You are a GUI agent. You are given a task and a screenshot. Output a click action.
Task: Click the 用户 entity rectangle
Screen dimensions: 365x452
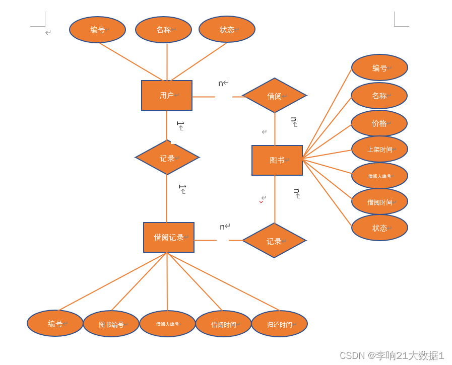click(166, 95)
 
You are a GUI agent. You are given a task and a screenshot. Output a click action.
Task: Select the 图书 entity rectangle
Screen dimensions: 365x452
click(277, 160)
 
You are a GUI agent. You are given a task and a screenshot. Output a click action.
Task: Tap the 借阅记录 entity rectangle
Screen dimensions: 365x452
click(168, 237)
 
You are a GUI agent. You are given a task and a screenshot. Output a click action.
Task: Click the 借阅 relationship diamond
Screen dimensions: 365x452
click(274, 96)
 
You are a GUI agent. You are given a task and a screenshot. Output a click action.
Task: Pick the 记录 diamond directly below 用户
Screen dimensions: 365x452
click(167, 158)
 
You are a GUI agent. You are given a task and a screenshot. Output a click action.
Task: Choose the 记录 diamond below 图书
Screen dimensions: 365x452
click(274, 241)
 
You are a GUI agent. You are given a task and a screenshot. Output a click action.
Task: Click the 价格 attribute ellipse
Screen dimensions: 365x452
click(379, 123)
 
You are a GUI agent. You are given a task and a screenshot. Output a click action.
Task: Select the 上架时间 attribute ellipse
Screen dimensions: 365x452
click(379, 150)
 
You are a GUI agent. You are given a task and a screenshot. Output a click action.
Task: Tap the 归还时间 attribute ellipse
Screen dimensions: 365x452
click(279, 324)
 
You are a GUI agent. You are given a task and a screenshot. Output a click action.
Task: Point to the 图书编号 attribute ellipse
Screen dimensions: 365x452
click(111, 324)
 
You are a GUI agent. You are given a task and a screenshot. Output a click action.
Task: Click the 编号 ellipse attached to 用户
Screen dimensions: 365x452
click(97, 30)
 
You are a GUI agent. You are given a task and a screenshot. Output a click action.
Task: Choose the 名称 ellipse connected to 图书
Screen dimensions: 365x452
click(379, 96)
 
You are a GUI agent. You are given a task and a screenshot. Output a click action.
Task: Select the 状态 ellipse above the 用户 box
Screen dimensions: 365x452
click(227, 30)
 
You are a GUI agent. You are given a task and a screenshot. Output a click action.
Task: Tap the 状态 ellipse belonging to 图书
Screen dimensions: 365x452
click(379, 228)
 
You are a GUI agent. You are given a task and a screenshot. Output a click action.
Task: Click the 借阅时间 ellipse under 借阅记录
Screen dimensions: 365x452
click(223, 324)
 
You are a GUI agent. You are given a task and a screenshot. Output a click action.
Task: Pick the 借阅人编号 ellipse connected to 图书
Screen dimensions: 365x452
click(379, 176)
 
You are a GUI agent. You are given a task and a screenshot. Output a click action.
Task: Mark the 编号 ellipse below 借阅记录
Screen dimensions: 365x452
click(55, 323)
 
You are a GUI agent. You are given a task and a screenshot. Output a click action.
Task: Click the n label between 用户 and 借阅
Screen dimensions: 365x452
click(221, 83)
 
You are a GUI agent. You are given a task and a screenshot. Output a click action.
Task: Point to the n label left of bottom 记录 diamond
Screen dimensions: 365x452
click(222, 227)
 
